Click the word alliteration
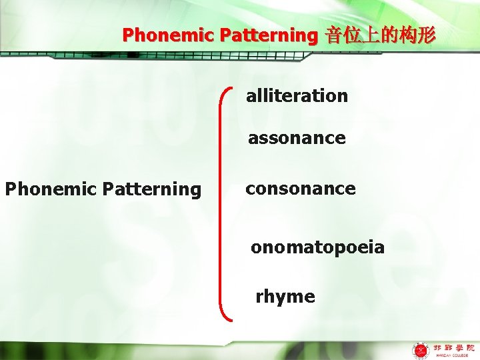[x=297, y=96]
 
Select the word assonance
[x=297, y=139]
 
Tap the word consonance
[x=300, y=189]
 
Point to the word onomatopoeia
[x=317, y=248]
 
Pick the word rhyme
[x=285, y=297]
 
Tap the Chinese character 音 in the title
[x=334, y=35]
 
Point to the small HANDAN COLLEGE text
[x=454, y=356]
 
